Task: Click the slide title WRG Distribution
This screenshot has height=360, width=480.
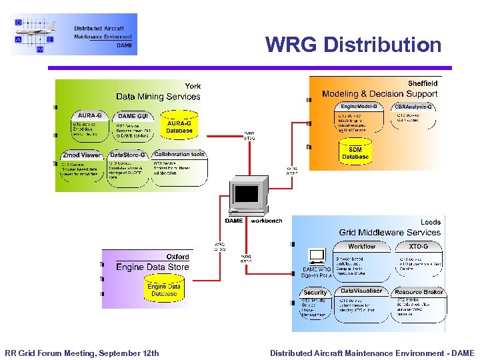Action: point(353,45)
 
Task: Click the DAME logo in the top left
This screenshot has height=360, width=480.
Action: point(74,34)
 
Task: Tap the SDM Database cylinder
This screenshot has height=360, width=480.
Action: point(355,153)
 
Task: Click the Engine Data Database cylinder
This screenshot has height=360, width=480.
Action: point(164,289)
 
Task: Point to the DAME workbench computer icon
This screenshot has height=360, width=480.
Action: point(247,197)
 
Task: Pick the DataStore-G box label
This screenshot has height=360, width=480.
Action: point(127,155)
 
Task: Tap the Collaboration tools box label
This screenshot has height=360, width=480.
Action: point(179,154)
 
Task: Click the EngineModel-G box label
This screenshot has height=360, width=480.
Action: point(359,107)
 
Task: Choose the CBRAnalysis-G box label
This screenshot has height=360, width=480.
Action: point(414,107)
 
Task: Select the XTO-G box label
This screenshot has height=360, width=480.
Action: point(418,246)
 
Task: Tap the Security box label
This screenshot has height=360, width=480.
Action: point(315,292)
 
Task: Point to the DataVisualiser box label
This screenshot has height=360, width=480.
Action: point(361,291)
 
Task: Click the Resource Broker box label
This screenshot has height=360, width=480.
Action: point(418,292)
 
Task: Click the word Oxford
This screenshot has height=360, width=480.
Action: point(177,257)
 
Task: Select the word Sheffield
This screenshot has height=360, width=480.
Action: point(423,83)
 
